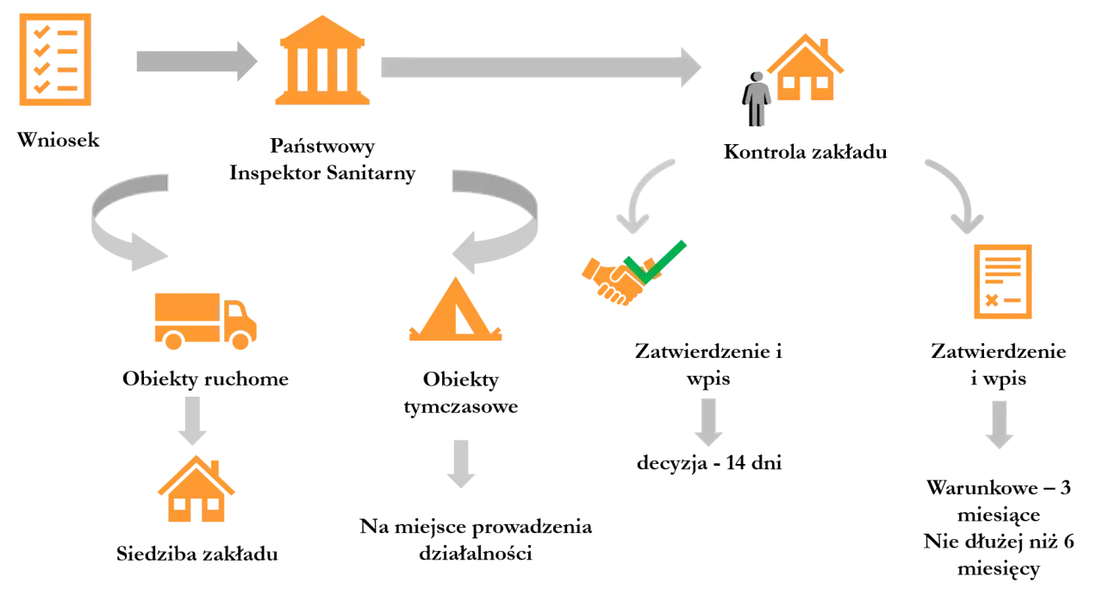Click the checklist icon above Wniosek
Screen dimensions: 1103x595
[55, 60]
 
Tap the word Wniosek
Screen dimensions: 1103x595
[58, 140]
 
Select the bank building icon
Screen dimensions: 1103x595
[322, 60]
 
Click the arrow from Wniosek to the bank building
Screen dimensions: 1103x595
[197, 61]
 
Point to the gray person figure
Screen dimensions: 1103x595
[757, 99]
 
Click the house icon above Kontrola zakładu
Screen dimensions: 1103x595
[806, 67]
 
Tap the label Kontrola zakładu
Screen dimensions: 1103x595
[806, 152]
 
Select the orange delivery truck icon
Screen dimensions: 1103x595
[206, 321]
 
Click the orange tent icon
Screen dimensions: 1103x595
[456, 310]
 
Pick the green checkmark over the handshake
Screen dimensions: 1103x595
[655, 262]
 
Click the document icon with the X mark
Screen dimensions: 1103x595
[1003, 282]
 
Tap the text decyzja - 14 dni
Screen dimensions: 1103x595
[709, 463]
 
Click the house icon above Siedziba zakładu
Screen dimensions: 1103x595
[196, 489]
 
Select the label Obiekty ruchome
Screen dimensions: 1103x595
[206, 379]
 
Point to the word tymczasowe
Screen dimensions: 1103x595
[461, 407]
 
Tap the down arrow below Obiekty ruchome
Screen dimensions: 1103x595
[192, 421]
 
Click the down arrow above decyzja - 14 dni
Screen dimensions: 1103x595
[708, 423]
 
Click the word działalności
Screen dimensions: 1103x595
[476, 553]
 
